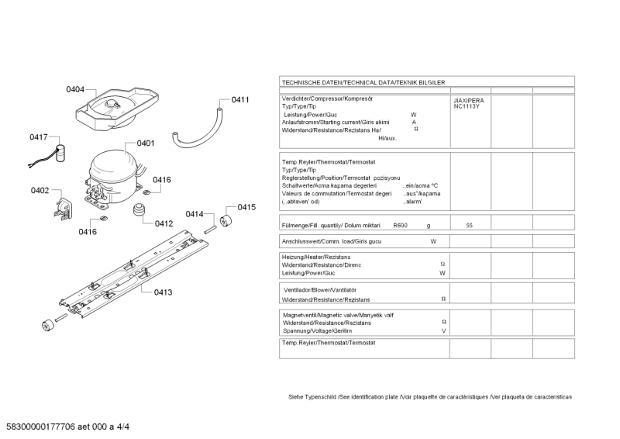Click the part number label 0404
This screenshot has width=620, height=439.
click(x=75, y=90)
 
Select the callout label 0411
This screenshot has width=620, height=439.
click(x=240, y=100)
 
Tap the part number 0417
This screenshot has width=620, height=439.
click(x=39, y=137)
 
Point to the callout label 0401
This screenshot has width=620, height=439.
click(x=146, y=143)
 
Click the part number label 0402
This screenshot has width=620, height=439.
click(x=40, y=191)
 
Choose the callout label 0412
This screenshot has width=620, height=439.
click(x=164, y=223)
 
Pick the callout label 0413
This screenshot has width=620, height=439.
click(x=163, y=292)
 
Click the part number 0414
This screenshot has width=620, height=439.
click(x=194, y=214)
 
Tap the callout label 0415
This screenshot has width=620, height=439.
click(x=246, y=207)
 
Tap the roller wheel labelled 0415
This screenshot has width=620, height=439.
click(x=226, y=222)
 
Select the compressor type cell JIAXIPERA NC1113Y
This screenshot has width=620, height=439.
click(x=468, y=103)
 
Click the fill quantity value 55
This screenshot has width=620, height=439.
click(x=470, y=225)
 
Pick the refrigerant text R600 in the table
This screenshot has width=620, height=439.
click(x=400, y=225)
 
